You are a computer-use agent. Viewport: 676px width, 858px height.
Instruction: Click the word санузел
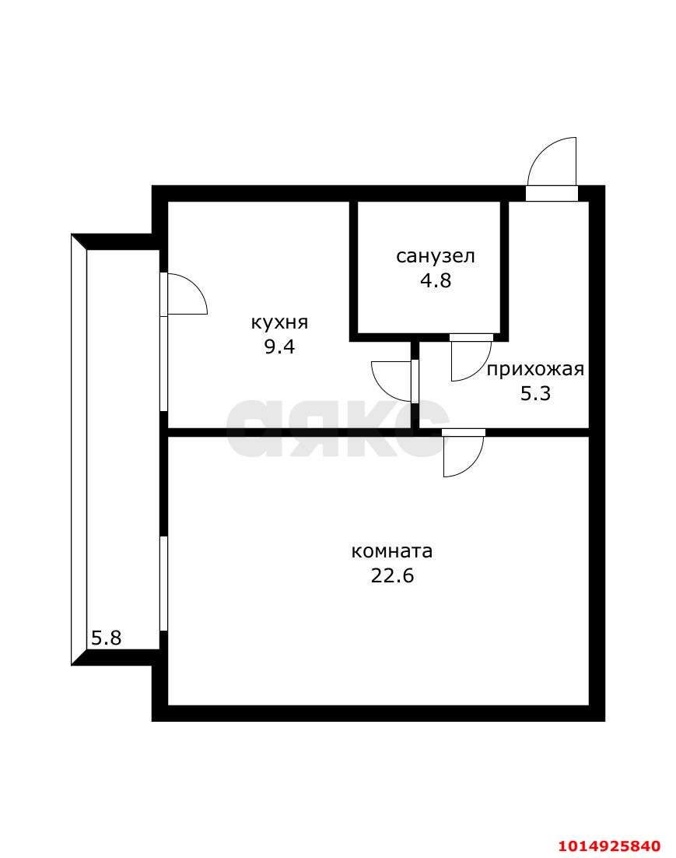pos(436,256)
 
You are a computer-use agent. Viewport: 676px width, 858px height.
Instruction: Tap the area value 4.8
pos(436,280)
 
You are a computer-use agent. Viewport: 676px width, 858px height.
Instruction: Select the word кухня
pos(279,323)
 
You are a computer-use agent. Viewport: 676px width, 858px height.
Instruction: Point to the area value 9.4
pos(279,346)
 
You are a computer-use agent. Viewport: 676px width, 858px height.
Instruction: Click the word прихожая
pos(535,370)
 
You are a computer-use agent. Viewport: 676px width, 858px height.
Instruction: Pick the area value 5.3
pos(535,393)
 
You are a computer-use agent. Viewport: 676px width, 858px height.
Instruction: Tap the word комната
pos(391,551)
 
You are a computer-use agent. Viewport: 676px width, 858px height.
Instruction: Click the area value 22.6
pos(392,575)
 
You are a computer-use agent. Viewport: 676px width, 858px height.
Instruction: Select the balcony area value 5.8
pos(106,638)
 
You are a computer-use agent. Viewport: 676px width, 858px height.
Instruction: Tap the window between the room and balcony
pos(163,584)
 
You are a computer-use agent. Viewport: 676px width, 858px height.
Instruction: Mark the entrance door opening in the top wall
pos(552,194)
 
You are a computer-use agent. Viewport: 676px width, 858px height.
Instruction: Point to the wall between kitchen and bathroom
pos(353,268)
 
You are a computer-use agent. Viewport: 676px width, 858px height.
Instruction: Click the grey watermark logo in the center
pos(338,427)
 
